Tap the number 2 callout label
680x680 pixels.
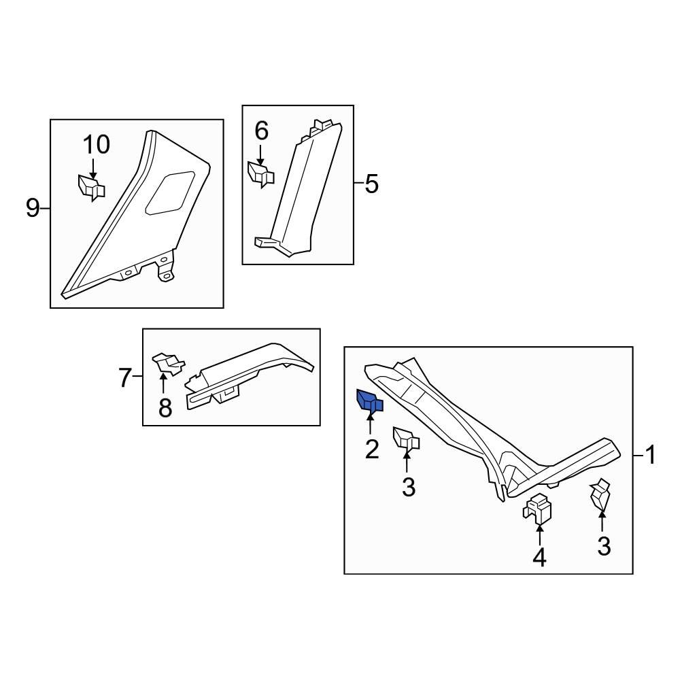pyautogui.click(x=372, y=449)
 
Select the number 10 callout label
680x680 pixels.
pyautogui.click(x=96, y=145)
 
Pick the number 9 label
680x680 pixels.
pyautogui.click(x=33, y=208)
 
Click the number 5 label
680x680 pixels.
pyautogui.click(x=371, y=184)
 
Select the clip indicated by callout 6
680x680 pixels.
pyautogui.click(x=260, y=173)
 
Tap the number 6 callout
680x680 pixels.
pyautogui.click(x=262, y=131)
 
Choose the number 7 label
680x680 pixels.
pyautogui.click(x=124, y=377)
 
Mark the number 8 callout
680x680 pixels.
pyautogui.click(x=165, y=408)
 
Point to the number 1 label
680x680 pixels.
pyautogui.click(x=651, y=455)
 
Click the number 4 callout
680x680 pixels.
pyautogui.click(x=539, y=558)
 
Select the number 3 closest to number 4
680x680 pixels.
pyautogui.click(x=604, y=546)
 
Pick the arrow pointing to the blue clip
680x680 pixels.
pyautogui.click(x=371, y=423)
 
